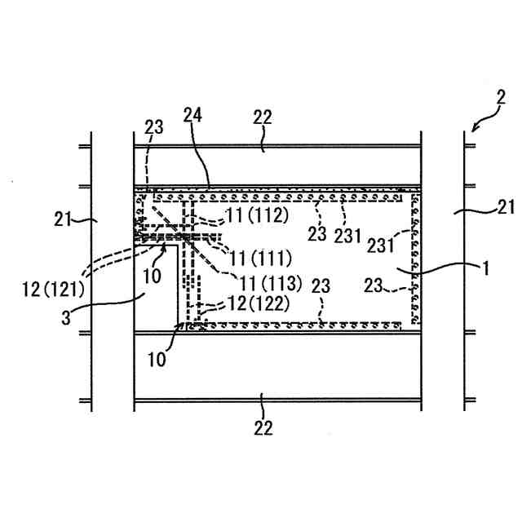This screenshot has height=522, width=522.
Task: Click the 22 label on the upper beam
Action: pos(262,117)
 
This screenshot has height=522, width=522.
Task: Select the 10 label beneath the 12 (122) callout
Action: pos(161,359)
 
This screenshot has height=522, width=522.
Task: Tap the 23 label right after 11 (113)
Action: pos(321,285)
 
